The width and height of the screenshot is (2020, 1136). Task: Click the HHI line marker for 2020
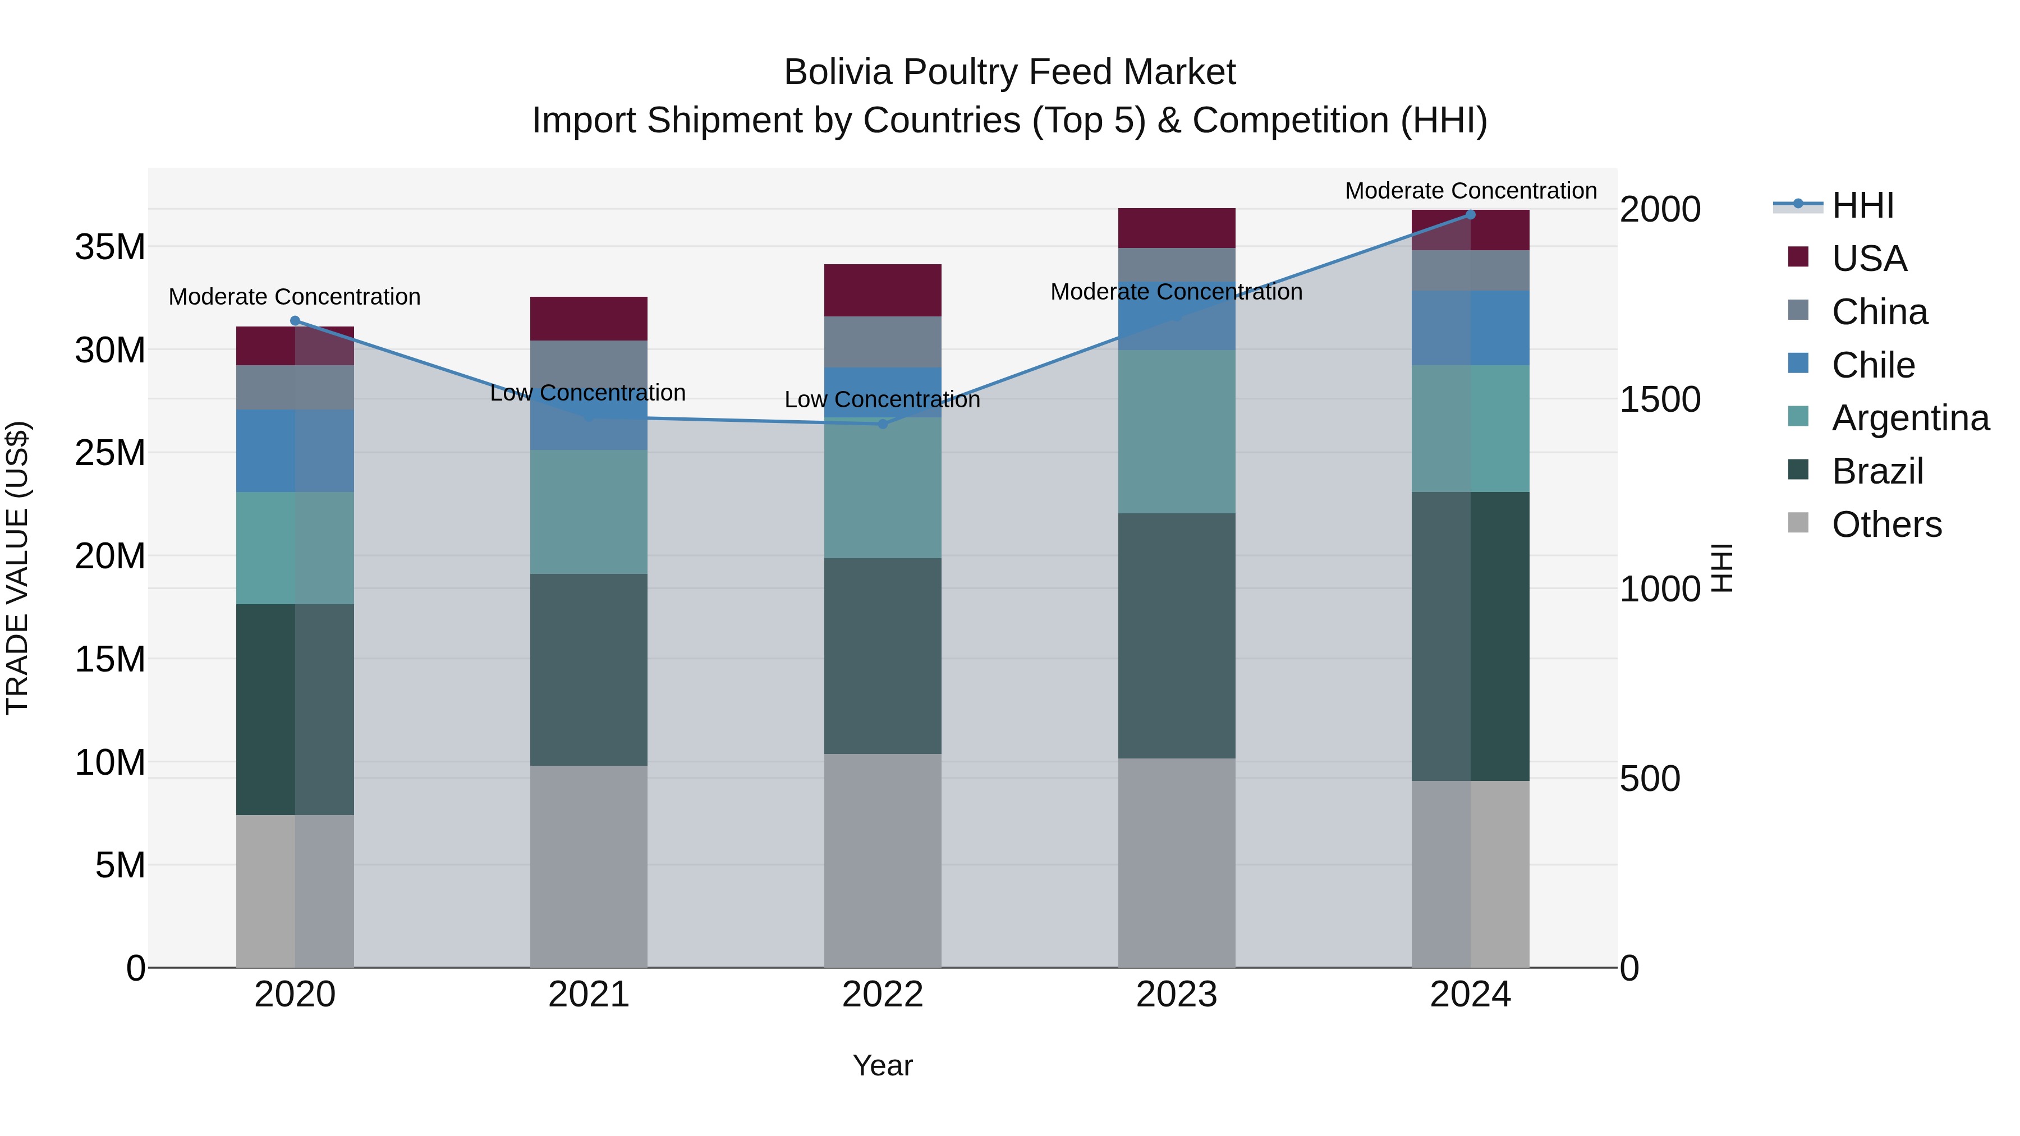295,321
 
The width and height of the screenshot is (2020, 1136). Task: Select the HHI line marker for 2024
1470,215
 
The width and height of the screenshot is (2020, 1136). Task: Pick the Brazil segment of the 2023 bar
1176,636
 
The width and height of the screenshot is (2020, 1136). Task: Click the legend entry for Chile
1872,365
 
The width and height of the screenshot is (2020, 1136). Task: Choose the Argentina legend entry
1909,418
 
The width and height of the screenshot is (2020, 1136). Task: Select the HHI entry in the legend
1862,205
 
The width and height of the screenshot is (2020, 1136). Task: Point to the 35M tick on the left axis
110,247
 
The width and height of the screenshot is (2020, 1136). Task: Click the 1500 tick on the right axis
1659,400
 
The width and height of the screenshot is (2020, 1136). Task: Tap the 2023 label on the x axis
1176,995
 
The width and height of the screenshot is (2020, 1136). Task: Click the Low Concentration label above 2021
587,393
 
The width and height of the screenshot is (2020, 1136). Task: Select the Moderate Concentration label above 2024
1470,191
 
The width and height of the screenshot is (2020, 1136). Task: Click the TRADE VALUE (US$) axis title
17,568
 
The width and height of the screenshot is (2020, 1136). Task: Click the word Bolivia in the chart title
838,72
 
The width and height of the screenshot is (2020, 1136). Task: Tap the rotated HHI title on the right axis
1722,568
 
